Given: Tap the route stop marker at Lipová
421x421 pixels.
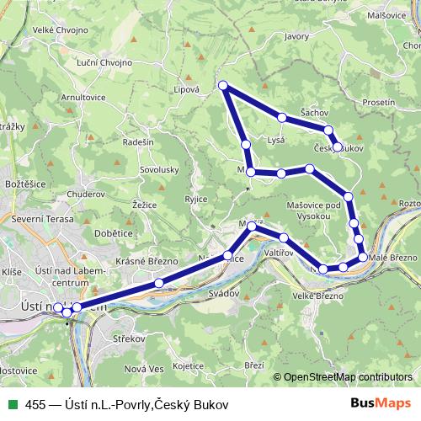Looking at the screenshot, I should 223,85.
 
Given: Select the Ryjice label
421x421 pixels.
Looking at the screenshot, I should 195,199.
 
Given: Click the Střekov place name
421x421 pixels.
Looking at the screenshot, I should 130,338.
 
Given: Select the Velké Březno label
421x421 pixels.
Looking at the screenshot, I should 317,296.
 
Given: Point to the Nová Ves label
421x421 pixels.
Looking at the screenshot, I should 143,369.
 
